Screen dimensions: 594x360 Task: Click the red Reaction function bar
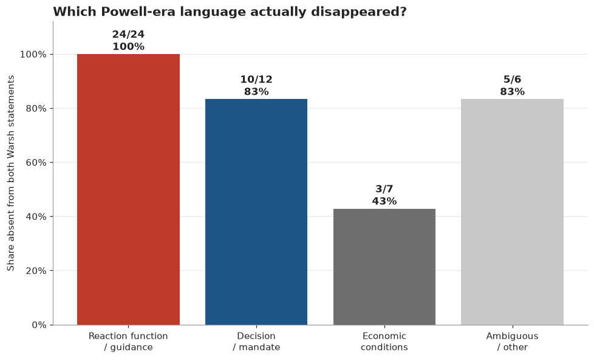click(x=128, y=189)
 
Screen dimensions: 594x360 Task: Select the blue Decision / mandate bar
click(x=256, y=212)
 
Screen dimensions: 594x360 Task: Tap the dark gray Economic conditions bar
click(x=384, y=267)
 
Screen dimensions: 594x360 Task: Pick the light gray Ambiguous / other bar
click(x=512, y=212)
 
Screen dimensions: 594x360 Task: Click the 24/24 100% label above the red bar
click(x=128, y=41)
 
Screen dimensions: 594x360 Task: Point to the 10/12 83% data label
click(x=256, y=86)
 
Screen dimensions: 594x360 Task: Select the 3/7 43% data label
click(x=384, y=195)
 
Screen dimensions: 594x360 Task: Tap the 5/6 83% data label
click(x=512, y=86)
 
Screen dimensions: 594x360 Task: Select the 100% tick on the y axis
click(x=33, y=55)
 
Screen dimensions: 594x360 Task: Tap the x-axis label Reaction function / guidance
click(x=128, y=341)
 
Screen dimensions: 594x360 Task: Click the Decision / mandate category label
click(x=256, y=341)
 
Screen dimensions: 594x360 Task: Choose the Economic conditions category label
click(x=384, y=341)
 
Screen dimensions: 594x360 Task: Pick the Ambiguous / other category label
click(x=512, y=341)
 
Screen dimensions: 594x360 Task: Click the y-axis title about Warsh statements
click(x=10, y=173)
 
